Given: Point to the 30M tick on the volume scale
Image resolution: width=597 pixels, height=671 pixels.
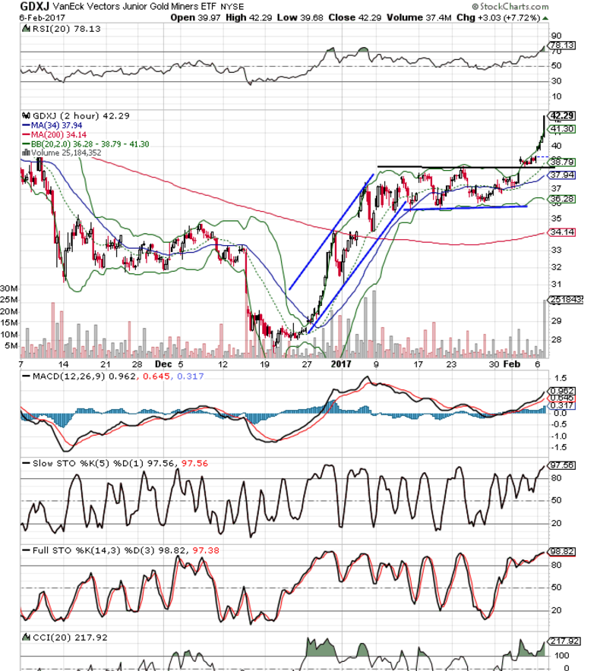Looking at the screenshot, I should [x=9, y=289].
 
